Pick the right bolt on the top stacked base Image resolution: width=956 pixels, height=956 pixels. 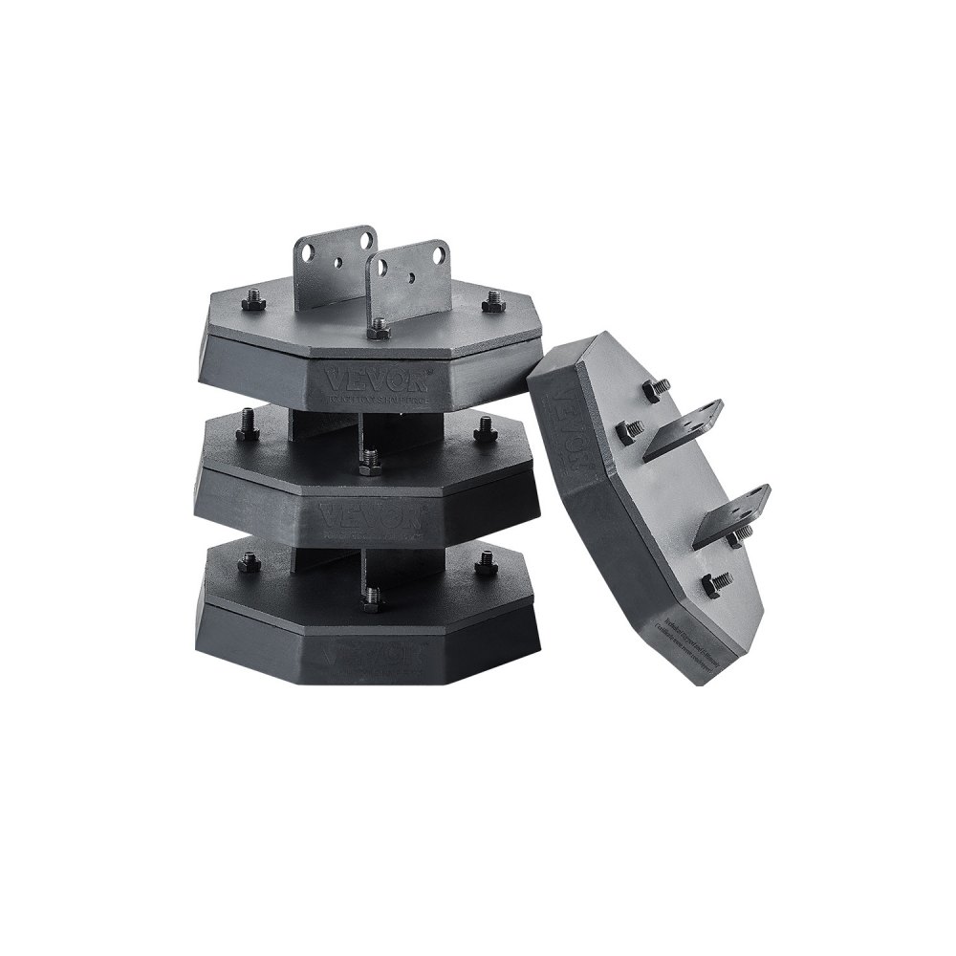[491, 301]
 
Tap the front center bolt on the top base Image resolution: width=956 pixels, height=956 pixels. [380, 327]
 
